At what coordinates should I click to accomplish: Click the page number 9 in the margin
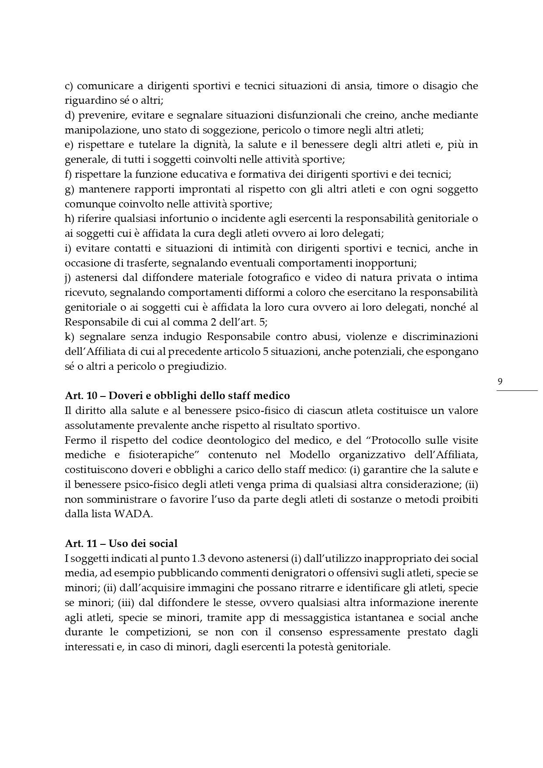(x=500, y=382)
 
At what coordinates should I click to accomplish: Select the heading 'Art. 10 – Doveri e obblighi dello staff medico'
(x=177, y=396)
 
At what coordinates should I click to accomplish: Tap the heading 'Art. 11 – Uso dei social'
(x=121, y=544)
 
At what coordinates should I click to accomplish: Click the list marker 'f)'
(x=68, y=175)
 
